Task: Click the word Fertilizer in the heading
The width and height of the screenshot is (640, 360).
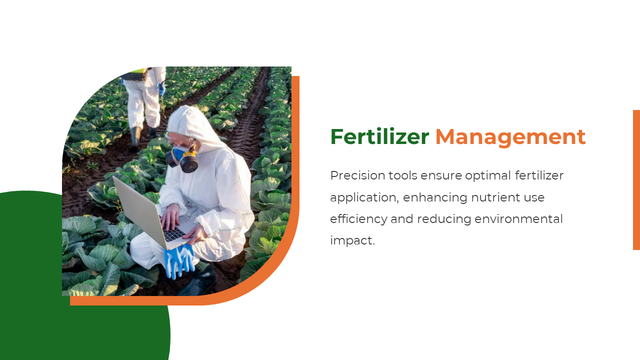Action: point(379,136)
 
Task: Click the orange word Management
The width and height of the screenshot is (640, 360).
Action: point(510,137)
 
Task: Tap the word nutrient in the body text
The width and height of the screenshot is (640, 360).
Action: point(495,197)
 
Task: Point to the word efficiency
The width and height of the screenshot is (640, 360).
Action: point(359,219)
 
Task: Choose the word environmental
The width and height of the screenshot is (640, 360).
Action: point(518,219)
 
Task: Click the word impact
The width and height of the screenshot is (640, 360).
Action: point(352,240)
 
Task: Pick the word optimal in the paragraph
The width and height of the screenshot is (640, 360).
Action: point(488,175)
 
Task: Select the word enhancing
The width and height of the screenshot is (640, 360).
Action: point(435,197)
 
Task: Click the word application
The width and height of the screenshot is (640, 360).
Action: point(364,197)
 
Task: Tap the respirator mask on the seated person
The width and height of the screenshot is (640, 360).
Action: point(183,159)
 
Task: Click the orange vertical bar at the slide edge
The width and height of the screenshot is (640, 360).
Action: point(636,180)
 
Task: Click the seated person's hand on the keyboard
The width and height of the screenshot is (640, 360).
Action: point(170,216)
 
